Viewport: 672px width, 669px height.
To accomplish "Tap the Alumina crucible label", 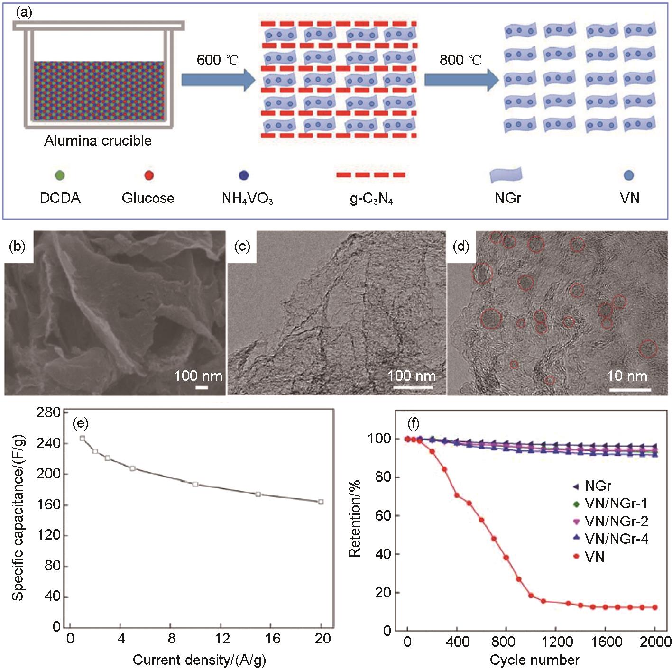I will click(x=98, y=141).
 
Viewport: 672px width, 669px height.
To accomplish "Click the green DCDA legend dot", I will click(x=60, y=175).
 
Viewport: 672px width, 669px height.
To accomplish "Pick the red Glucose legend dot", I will click(x=148, y=175).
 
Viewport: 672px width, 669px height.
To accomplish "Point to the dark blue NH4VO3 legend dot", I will click(x=244, y=175).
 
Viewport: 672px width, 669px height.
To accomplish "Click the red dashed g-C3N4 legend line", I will click(x=371, y=175).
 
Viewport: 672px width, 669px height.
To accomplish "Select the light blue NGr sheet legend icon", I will click(x=506, y=174).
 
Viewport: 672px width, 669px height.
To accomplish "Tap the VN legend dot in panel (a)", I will click(x=629, y=175).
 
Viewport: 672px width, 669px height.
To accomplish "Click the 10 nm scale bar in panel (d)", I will click(x=630, y=390).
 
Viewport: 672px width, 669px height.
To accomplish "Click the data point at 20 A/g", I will click(x=321, y=502).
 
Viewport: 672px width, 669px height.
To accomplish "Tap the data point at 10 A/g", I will click(x=195, y=484).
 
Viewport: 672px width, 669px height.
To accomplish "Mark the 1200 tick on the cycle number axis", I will click(x=557, y=642).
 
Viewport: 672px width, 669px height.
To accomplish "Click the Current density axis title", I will click(x=199, y=660).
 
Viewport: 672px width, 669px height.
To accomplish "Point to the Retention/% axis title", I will click(x=355, y=519).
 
